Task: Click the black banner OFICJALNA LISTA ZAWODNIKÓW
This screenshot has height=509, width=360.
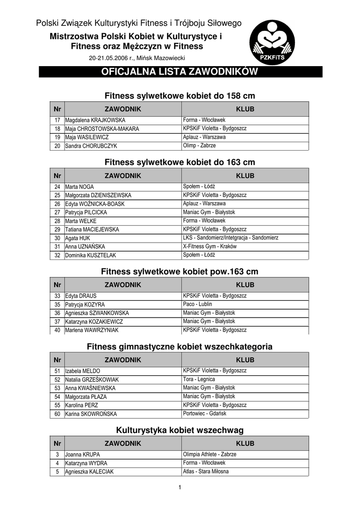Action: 180,72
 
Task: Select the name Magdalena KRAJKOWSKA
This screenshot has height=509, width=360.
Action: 95,120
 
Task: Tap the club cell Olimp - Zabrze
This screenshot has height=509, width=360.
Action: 199,146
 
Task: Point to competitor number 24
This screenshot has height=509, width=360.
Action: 57,187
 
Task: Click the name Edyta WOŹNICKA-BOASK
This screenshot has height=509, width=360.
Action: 95,204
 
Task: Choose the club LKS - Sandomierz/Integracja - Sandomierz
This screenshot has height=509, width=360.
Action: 231,238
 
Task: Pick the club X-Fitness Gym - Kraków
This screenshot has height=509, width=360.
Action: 210,246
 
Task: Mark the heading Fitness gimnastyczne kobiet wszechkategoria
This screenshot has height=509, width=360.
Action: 180,346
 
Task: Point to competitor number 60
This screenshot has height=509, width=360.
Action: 57,414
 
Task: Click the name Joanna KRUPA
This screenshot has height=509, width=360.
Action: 83,454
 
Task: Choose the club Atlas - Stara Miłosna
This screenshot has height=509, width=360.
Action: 206,471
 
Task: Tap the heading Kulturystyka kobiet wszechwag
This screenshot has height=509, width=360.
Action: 180,430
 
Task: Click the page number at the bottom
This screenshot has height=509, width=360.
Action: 180,487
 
